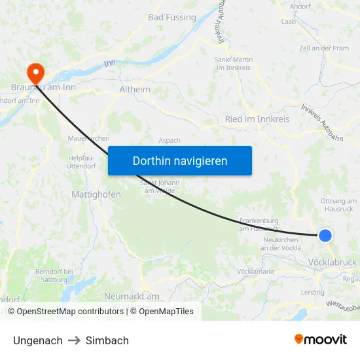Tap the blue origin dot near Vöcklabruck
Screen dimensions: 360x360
pyautogui.click(x=325, y=236)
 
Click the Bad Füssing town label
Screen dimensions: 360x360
pyautogui.click(x=172, y=17)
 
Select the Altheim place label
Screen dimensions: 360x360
pyautogui.click(x=135, y=89)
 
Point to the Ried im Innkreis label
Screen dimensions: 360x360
pyautogui.click(x=257, y=119)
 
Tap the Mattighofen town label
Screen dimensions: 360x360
pyautogui.click(x=96, y=194)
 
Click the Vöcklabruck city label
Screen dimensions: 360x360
pyautogui.click(x=332, y=262)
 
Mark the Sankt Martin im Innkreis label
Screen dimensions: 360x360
pyautogui.click(x=234, y=64)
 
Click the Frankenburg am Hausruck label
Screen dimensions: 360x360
pyautogui.click(x=260, y=225)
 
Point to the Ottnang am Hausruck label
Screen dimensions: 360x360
pyautogui.click(x=337, y=204)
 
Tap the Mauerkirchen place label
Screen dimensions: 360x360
pyautogui.click(x=88, y=138)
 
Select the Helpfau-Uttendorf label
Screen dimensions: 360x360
pyautogui.click(x=82, y=162)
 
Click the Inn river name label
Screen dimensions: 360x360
pyautogui.click(x=109, y=63)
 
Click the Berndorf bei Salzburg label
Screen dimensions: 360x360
pyautogui.click(x=52, y=275)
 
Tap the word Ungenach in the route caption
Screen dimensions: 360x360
pyautogui.click(x=38, y=340)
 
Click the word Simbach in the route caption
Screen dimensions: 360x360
pyautogui.click(x=107, y=340)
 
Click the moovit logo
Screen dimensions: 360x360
pyautogui.click(x=321, y=339)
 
